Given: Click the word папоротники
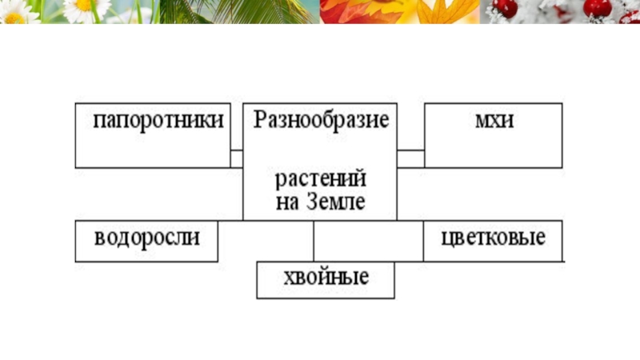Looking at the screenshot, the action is [158, 121].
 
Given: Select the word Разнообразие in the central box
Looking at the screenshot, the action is [321, 121].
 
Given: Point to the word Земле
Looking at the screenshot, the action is [335, 201].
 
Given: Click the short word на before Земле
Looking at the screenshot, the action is [286, 202].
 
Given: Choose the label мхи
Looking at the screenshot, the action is [494, 121].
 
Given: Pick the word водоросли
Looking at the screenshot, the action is [146, 238].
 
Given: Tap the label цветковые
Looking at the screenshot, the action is [493, 238].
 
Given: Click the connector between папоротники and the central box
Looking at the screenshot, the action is [237, 158].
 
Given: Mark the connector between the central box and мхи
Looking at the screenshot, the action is [410, 158].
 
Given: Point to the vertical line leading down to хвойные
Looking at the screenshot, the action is [314, 240].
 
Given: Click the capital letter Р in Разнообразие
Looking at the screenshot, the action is [260, 121].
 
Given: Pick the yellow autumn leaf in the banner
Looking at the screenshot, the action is [444, 11].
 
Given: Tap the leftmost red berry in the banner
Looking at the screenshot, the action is [506, 8].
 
